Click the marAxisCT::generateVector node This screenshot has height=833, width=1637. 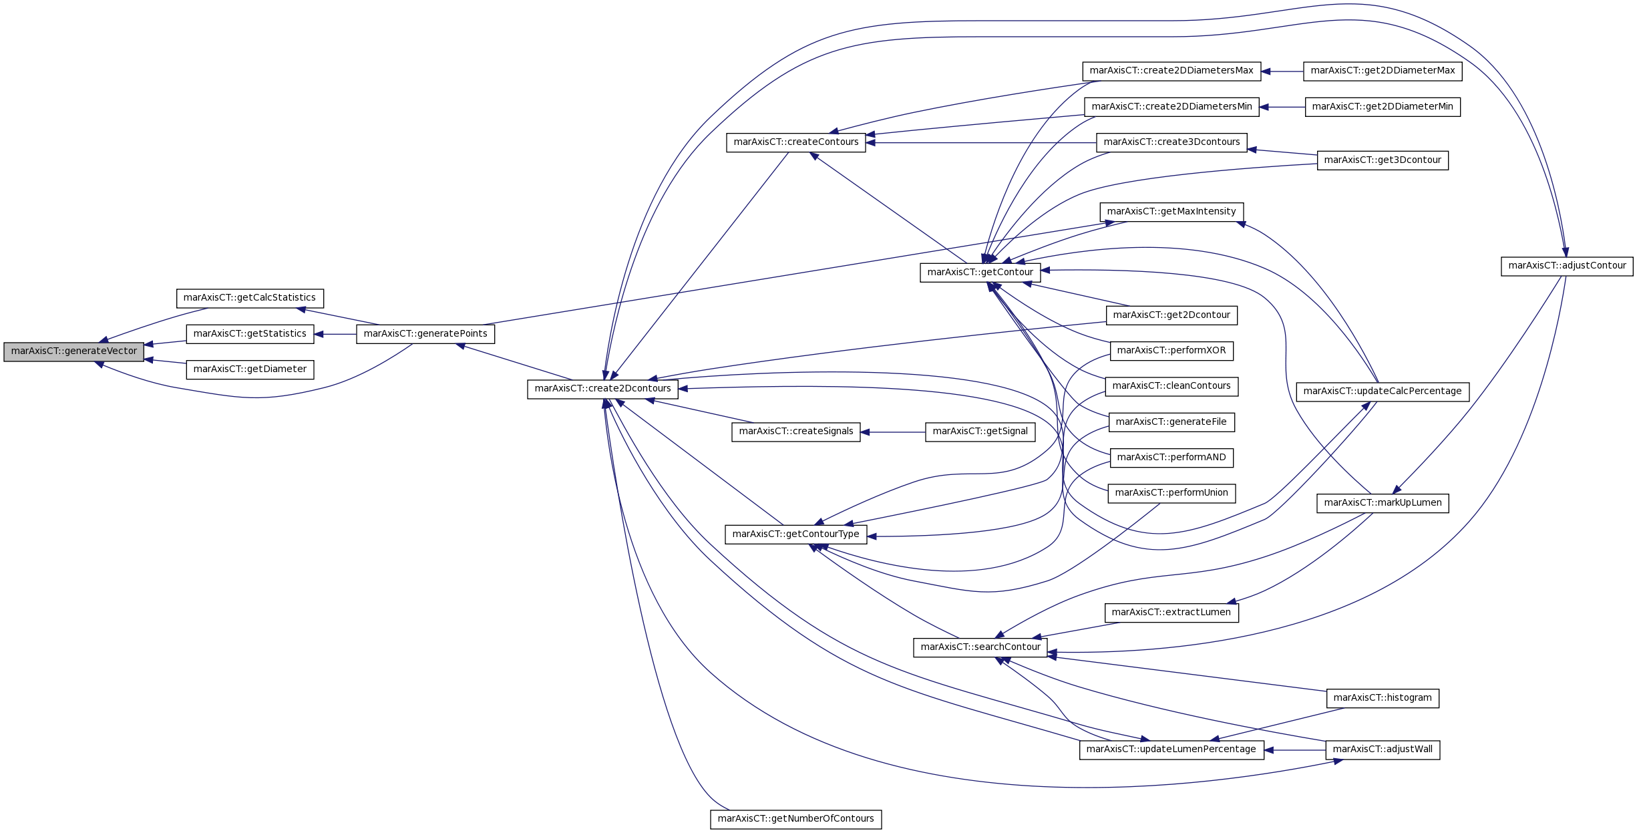[x=73, y=351]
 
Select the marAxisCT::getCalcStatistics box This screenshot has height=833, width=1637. [x=250, y=299]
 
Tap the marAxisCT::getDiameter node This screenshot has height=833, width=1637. [x=250, y=369]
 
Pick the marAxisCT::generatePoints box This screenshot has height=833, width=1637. [x=425, y=334]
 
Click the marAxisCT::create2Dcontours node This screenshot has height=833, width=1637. [x=603, y=389]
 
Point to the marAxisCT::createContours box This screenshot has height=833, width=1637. [x=796, y=142]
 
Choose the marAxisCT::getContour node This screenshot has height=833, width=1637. [x=980, y=273]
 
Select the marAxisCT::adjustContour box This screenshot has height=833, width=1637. [x=1567, y=266]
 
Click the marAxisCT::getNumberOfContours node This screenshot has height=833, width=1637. [x=796, y=819]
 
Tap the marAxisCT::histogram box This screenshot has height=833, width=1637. [x=1383, y=698]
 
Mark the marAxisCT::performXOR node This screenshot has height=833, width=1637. [x=1171, y=351]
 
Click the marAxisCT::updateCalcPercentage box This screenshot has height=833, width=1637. [x=1383, y=391]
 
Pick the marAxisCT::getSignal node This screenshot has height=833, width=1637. [x=980, y=432]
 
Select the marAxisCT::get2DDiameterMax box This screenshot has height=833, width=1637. [x=1383, y=71]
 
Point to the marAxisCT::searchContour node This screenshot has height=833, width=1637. [x=980, y=647]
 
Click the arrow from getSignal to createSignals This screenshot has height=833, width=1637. [x=893, y=432]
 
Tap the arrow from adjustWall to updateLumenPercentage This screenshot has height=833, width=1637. [x=1295, y=750]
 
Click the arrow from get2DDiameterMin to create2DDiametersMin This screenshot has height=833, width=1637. [x=1282, y=107]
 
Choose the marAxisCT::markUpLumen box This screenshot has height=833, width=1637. [x=1383, y=503]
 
